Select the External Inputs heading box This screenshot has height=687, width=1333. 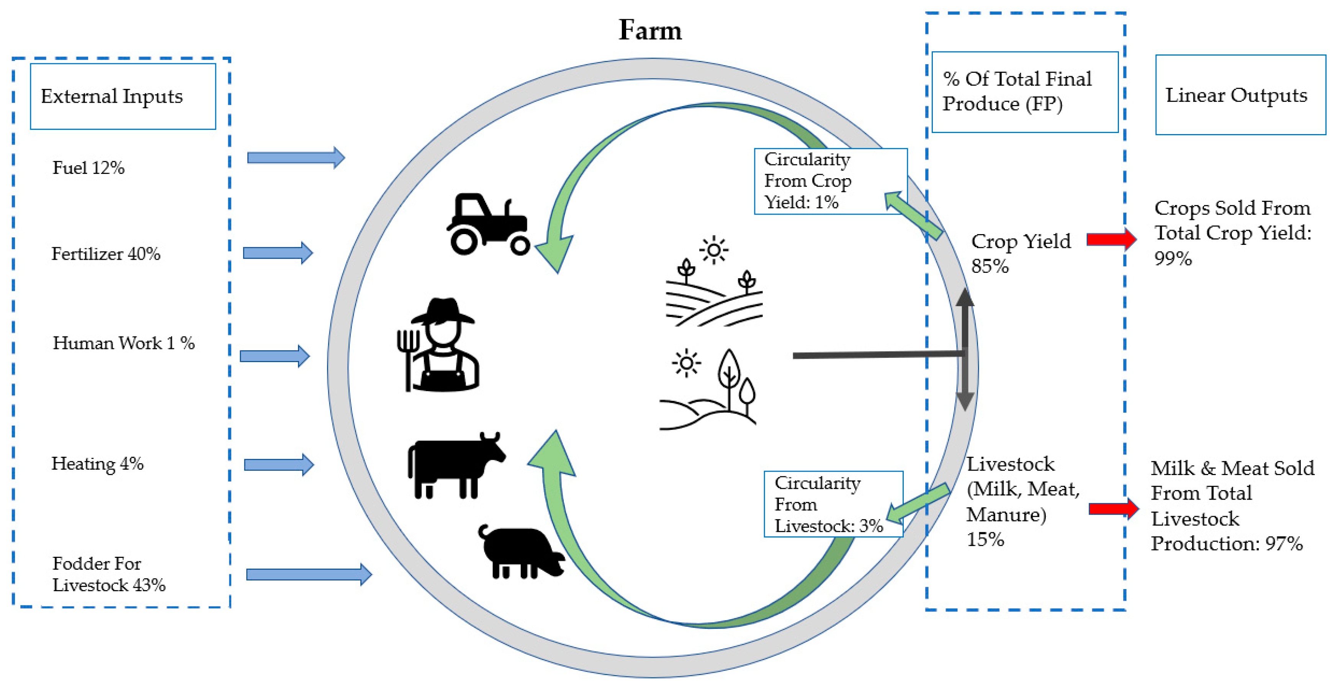pos(123,96)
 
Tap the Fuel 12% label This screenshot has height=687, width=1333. pos(88,168)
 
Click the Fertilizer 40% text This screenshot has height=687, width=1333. pos(106,254)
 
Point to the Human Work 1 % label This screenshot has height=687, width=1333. pos(124,343)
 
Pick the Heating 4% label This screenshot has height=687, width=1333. pos(97,463)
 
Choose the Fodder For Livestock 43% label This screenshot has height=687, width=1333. pos(109,574)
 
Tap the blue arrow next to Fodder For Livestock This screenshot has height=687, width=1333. pos(308,574)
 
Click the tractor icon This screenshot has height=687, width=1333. pos(488,225)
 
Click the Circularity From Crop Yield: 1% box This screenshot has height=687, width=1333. pos(830,181)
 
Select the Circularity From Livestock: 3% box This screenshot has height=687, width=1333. pos(833,504)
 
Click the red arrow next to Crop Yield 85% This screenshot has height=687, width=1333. pos(1111,239)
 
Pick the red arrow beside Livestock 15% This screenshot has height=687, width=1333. pos(1112,508)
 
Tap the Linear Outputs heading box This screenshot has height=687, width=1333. pos(1240,95)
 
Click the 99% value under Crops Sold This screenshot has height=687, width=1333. pos(1173,258)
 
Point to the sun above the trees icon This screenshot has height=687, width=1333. pos(686,363)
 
